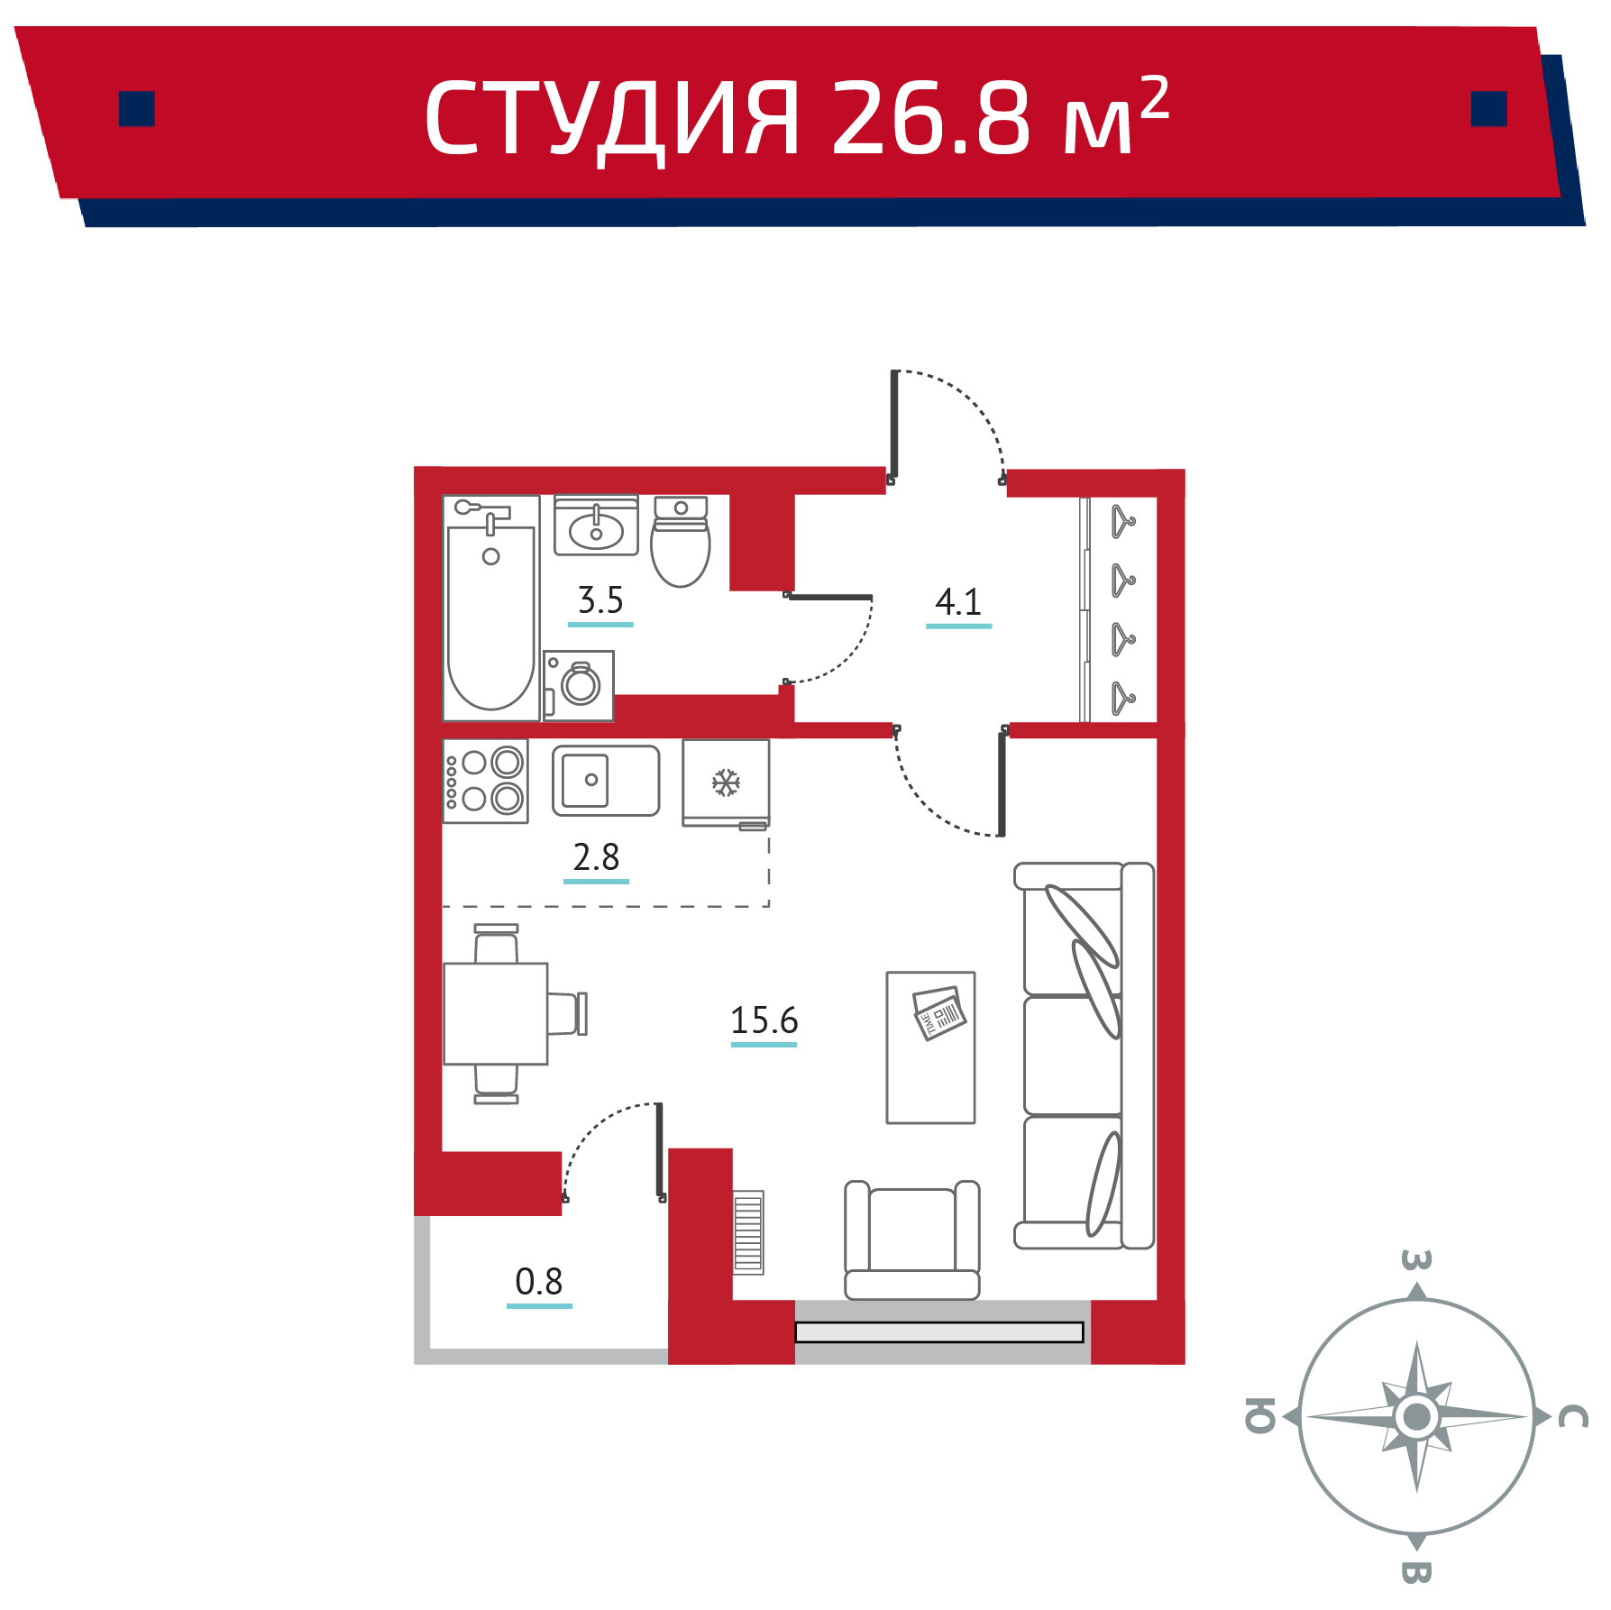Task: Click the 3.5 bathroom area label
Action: point(600,600)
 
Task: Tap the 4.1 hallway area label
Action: point(958,602)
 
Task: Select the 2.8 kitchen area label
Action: point(596,857)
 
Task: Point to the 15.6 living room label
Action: point(764,1021)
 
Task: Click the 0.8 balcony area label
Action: point(539,1282)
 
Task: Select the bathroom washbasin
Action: point(596,526)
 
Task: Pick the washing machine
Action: point(578,686)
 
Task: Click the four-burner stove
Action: point(485,782)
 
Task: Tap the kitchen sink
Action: point(606,781)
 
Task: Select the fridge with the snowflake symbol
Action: point(726,783)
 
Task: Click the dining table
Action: point(496,1014)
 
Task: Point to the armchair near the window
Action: point(912,1240)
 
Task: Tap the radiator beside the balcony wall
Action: point(748,1231)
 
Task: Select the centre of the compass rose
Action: point(1416,1416)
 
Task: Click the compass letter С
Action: point(1573,1417)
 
